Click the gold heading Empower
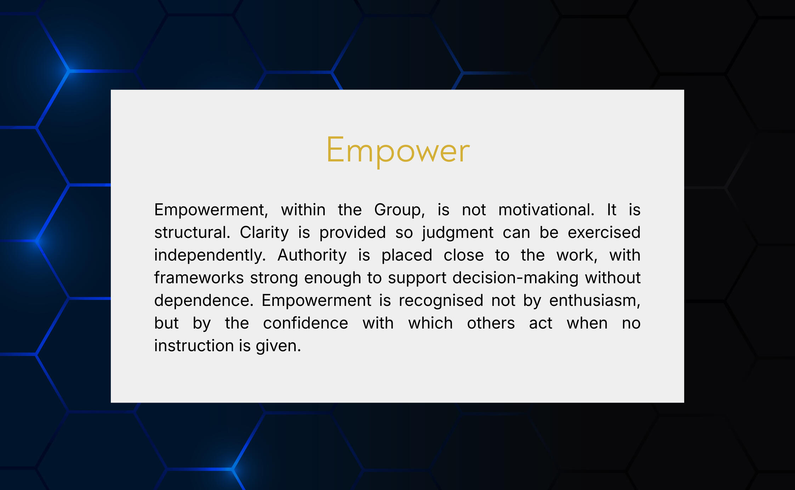click(x=398, y=150)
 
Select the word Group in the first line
click(x=399, y=210)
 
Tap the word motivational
click(x=546, y=210)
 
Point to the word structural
click(x=192, y=233)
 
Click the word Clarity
click(x=264, y=233)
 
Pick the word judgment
click(x=458, y=233)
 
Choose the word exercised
click(x=604, y=233)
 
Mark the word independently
click(x=210, y=256)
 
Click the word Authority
click(x=312, y=256)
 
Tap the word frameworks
click(x=199, y=278)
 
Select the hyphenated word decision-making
click(x=515, y=278)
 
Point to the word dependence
click(x=204, y=301)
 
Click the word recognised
click(x=441, y=301)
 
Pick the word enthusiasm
click(x=595, y=301)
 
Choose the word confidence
click(x=306, y=323)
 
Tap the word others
click(x=491, y=323)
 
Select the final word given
click(x=278, y=346)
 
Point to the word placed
click(x=407, y=256)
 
